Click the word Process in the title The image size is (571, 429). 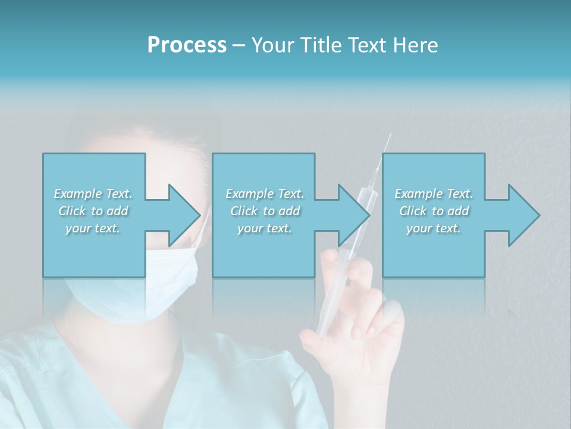coord(187,45)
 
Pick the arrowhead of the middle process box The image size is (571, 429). coord(353,215)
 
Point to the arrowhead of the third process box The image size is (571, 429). coord(523,215)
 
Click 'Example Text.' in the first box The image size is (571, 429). coord(93,194)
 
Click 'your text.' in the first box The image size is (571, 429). coord(93,228)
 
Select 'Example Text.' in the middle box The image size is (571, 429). coord(265,194)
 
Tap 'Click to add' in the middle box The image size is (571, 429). coord(265,211)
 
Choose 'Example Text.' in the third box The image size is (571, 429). coord(434,194)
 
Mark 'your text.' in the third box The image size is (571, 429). coord(434,228)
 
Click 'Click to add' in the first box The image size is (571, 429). coord(93,211)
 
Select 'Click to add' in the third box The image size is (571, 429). coord(434,211)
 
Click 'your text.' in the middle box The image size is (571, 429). coord(265,228)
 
